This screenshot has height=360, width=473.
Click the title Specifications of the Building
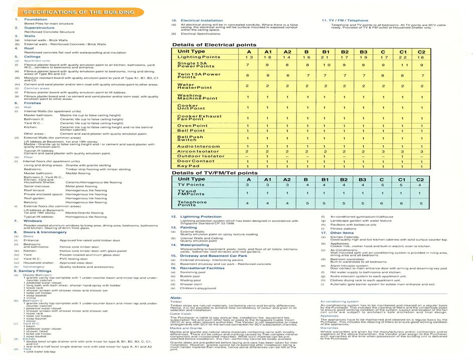pos(79,12)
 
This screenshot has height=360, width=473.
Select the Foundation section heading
pos(36,20)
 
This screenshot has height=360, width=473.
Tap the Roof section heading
pos(30,48)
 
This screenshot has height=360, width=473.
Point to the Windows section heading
pos(33,220)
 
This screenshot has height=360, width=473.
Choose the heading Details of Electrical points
pos(214,45)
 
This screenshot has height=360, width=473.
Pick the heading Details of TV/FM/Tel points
pos(215,173)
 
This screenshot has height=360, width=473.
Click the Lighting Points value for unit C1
pos(402,57)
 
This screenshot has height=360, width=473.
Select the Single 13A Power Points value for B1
pos(325,65)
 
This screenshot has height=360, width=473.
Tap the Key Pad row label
pos(189,166)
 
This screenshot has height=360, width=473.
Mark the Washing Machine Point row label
pos(198,97)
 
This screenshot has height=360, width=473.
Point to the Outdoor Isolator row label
pos(201,156)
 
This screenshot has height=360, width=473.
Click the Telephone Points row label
pos(192,203)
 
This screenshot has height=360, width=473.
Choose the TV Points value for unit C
pos(382,185)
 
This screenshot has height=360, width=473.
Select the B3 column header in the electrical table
pos(363,52)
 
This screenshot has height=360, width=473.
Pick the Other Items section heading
pos(342,232)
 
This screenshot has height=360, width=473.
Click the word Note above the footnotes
pos(176,298)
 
